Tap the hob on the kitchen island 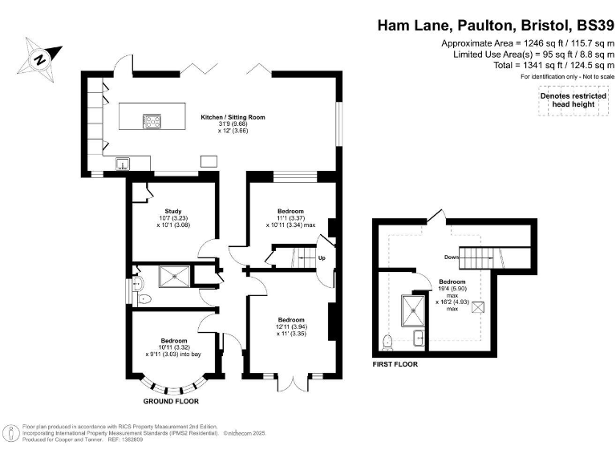[x=152, y=122]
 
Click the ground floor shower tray [x=174, y=276]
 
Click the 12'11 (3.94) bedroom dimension [x=290, y=326]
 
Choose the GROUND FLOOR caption [x=171, y=400]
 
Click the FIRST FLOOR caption [x=395, y=363]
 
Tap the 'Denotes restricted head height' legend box [x=572, y=99]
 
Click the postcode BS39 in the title [x=589, y=24]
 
